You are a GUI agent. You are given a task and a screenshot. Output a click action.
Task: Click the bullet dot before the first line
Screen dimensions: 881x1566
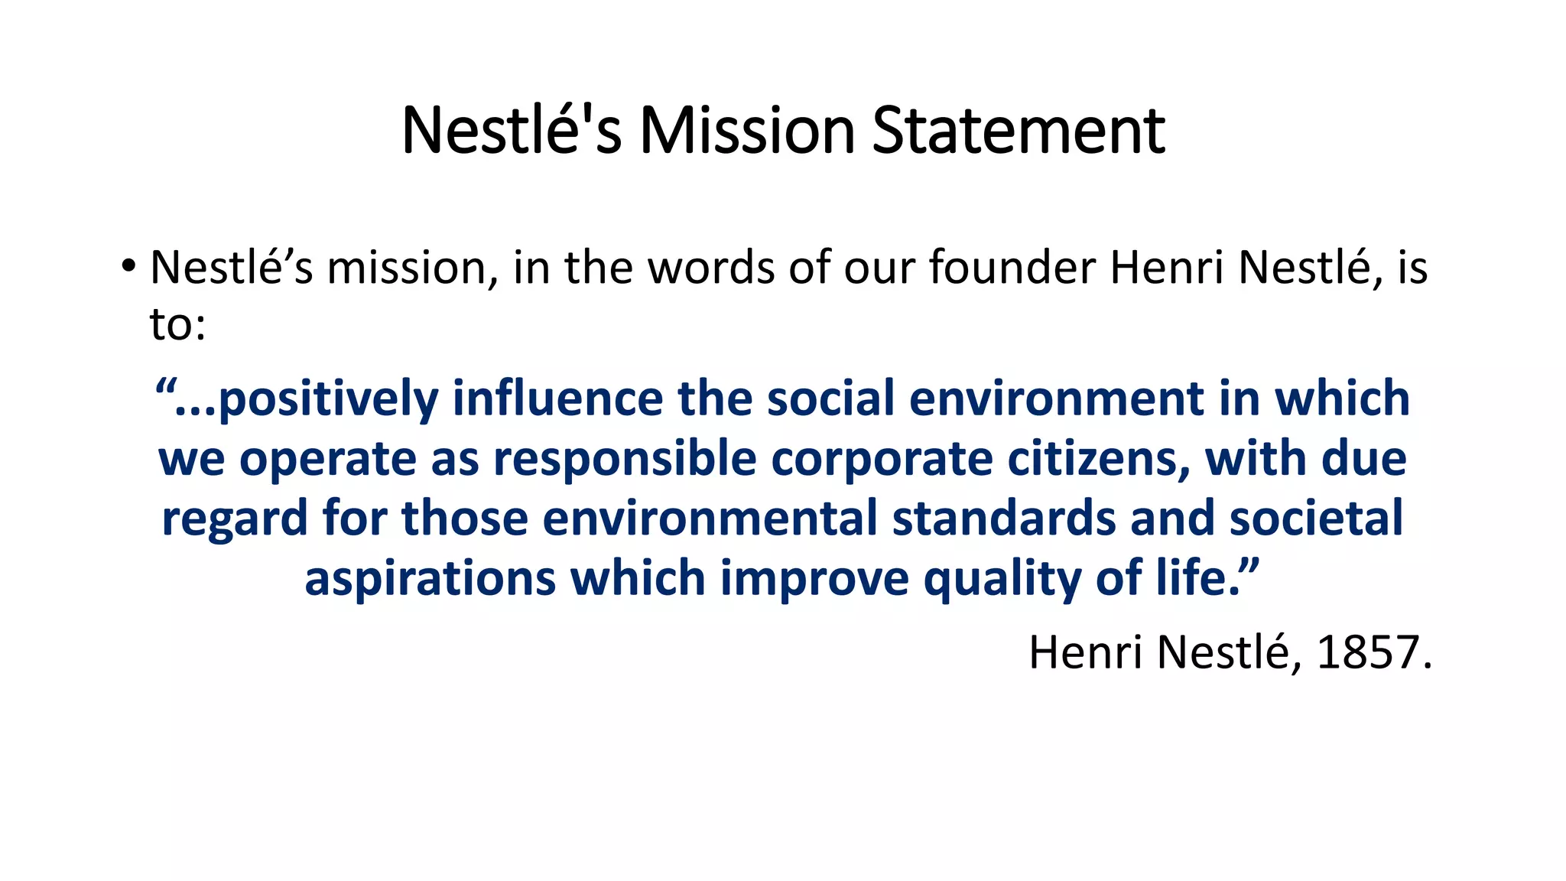pyautogui.click(x=128, y=266)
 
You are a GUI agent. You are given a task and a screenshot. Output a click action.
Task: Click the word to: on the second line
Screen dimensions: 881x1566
pyautogui.click(x=177, y=324)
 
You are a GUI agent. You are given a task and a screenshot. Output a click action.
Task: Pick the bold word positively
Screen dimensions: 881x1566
pyautogui.click(x=328, y=400)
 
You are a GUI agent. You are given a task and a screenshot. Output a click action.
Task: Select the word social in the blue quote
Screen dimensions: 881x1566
pyautogui.click(x=830, y=398)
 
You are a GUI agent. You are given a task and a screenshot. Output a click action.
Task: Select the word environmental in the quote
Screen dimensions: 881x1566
pyautogui.click(x=710, y=518)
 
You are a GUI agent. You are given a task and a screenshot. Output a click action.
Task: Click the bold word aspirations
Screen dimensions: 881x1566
pyautogui.click(x=429, y=578)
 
